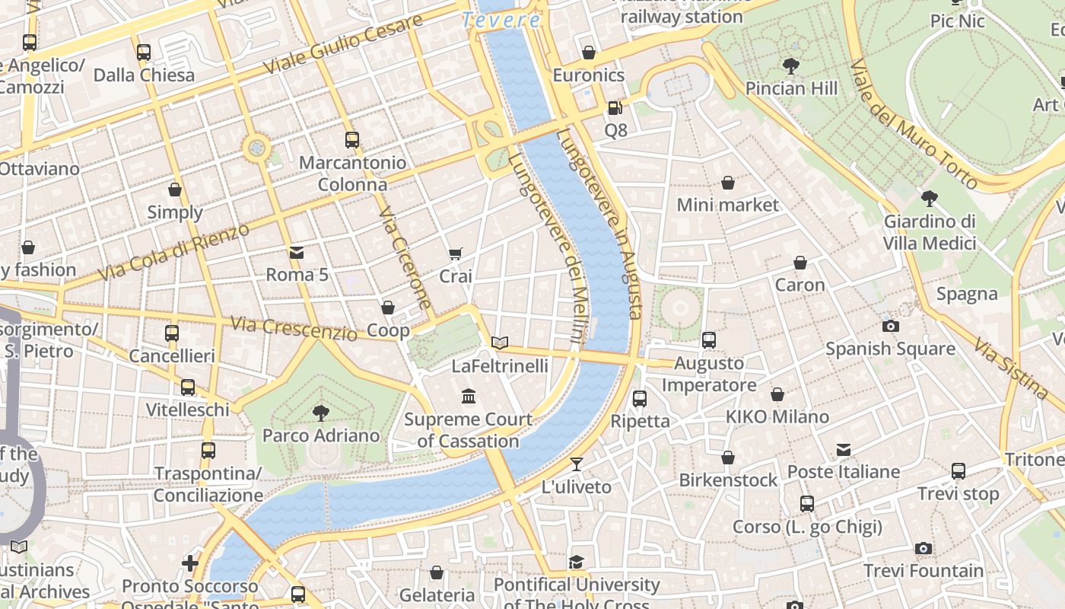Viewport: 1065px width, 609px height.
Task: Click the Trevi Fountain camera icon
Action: click(923, 548)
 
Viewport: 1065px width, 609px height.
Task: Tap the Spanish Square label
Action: click(890, 349)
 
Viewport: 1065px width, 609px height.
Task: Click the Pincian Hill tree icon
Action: click(791, 66)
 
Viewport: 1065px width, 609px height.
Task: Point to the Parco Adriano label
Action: click(320, 435)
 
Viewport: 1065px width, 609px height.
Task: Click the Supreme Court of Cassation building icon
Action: click(469, 397)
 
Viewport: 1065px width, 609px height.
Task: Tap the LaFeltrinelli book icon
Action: click(499, 343)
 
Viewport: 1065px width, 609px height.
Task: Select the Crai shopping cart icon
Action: click(455, 254)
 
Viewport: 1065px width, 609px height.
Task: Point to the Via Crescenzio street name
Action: click(293, 329)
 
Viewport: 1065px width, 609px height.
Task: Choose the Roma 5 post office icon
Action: click(296, 252)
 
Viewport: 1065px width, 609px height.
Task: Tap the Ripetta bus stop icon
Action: click(640, 399)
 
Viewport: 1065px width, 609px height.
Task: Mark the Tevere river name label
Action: click(501, 21)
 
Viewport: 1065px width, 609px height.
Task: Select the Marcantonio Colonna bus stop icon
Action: click(351, 140)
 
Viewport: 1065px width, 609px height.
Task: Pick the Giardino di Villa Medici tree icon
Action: click(928, 199)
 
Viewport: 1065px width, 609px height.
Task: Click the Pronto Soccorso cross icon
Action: click(190, 563)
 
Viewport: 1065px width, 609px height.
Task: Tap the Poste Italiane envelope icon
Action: click(843, 450)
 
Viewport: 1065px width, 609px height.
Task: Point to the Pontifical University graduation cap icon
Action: click(576, 563)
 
